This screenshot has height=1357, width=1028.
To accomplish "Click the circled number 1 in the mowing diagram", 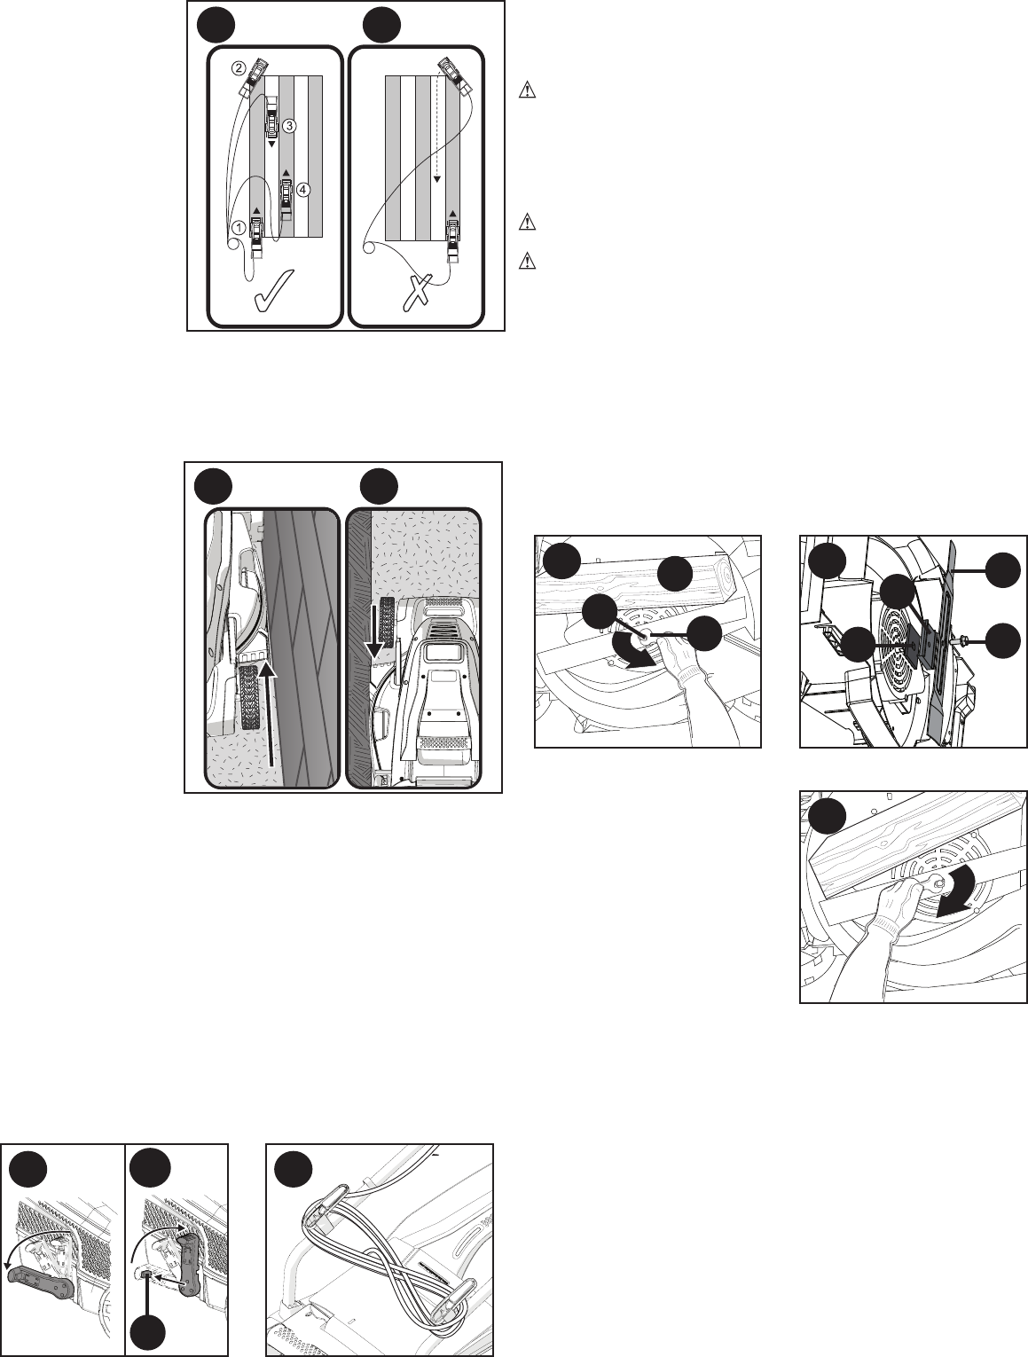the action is [x=239, y=228].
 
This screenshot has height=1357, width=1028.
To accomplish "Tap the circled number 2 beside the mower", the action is [x=238, y=69].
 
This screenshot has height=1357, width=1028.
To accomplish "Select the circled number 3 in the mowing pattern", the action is [x=290, y=126].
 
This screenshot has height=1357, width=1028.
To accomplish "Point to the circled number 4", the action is [x=302, y=190].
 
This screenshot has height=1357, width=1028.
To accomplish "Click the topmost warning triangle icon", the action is [x=527, y=90].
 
